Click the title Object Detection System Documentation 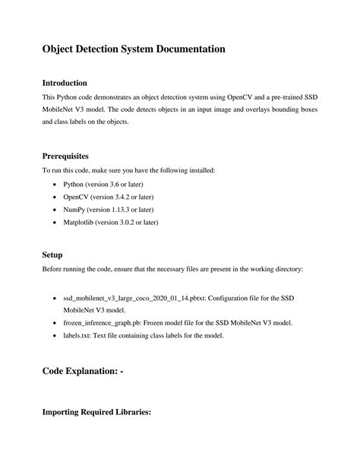(x=133, y=49)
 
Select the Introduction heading (x=65, y=82)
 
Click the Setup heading (x=52, y=255)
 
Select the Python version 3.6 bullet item (x=103, y=185)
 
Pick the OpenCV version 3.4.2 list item (x=106, y=197)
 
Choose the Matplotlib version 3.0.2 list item (x=111, y=223)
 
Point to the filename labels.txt (x=79, y=335)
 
